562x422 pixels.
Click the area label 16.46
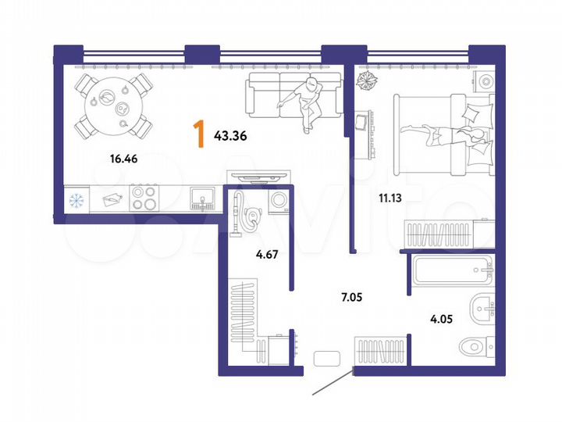(x=124, y=159)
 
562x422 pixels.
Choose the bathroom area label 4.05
(x=441, y=318)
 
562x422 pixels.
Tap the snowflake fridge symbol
(x=76, y=200)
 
